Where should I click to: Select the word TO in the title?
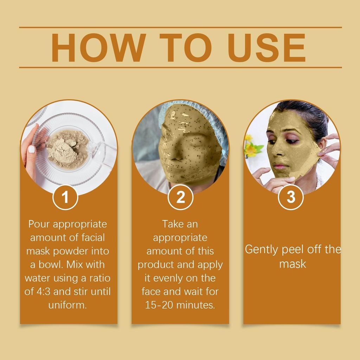(x=179, y=48)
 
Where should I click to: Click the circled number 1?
(x=65, y=197)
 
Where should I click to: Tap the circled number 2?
(x=180, y=197)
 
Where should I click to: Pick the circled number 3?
(x=291, y=197)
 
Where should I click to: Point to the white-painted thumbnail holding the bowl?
(x=31, y=149)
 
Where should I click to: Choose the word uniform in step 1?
(x=67, y=305)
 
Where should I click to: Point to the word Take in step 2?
(x=170, y=224)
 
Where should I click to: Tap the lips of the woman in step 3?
(x=280, y=166)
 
